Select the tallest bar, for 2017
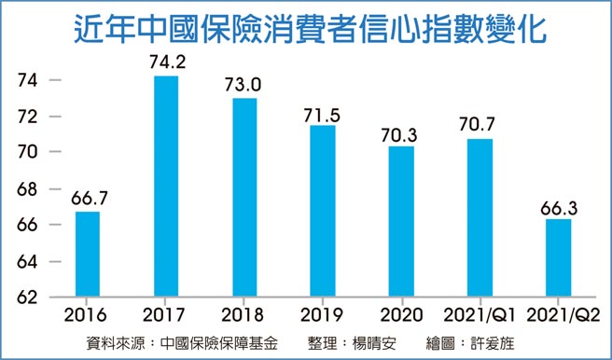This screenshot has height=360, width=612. point(166,187)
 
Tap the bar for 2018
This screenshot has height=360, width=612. point(244,198)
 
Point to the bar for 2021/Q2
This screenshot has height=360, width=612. point(558,258)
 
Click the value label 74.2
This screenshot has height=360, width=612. point(166,63)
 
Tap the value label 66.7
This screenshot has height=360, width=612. point(88,199)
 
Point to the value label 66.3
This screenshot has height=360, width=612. point(558,205)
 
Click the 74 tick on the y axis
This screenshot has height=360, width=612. point(28,81)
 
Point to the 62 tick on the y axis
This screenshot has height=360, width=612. point(28,298)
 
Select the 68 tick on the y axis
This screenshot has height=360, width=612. point(28,189)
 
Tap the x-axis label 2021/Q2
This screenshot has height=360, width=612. point(558,316)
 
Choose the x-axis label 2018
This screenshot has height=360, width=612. point(244,316)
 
